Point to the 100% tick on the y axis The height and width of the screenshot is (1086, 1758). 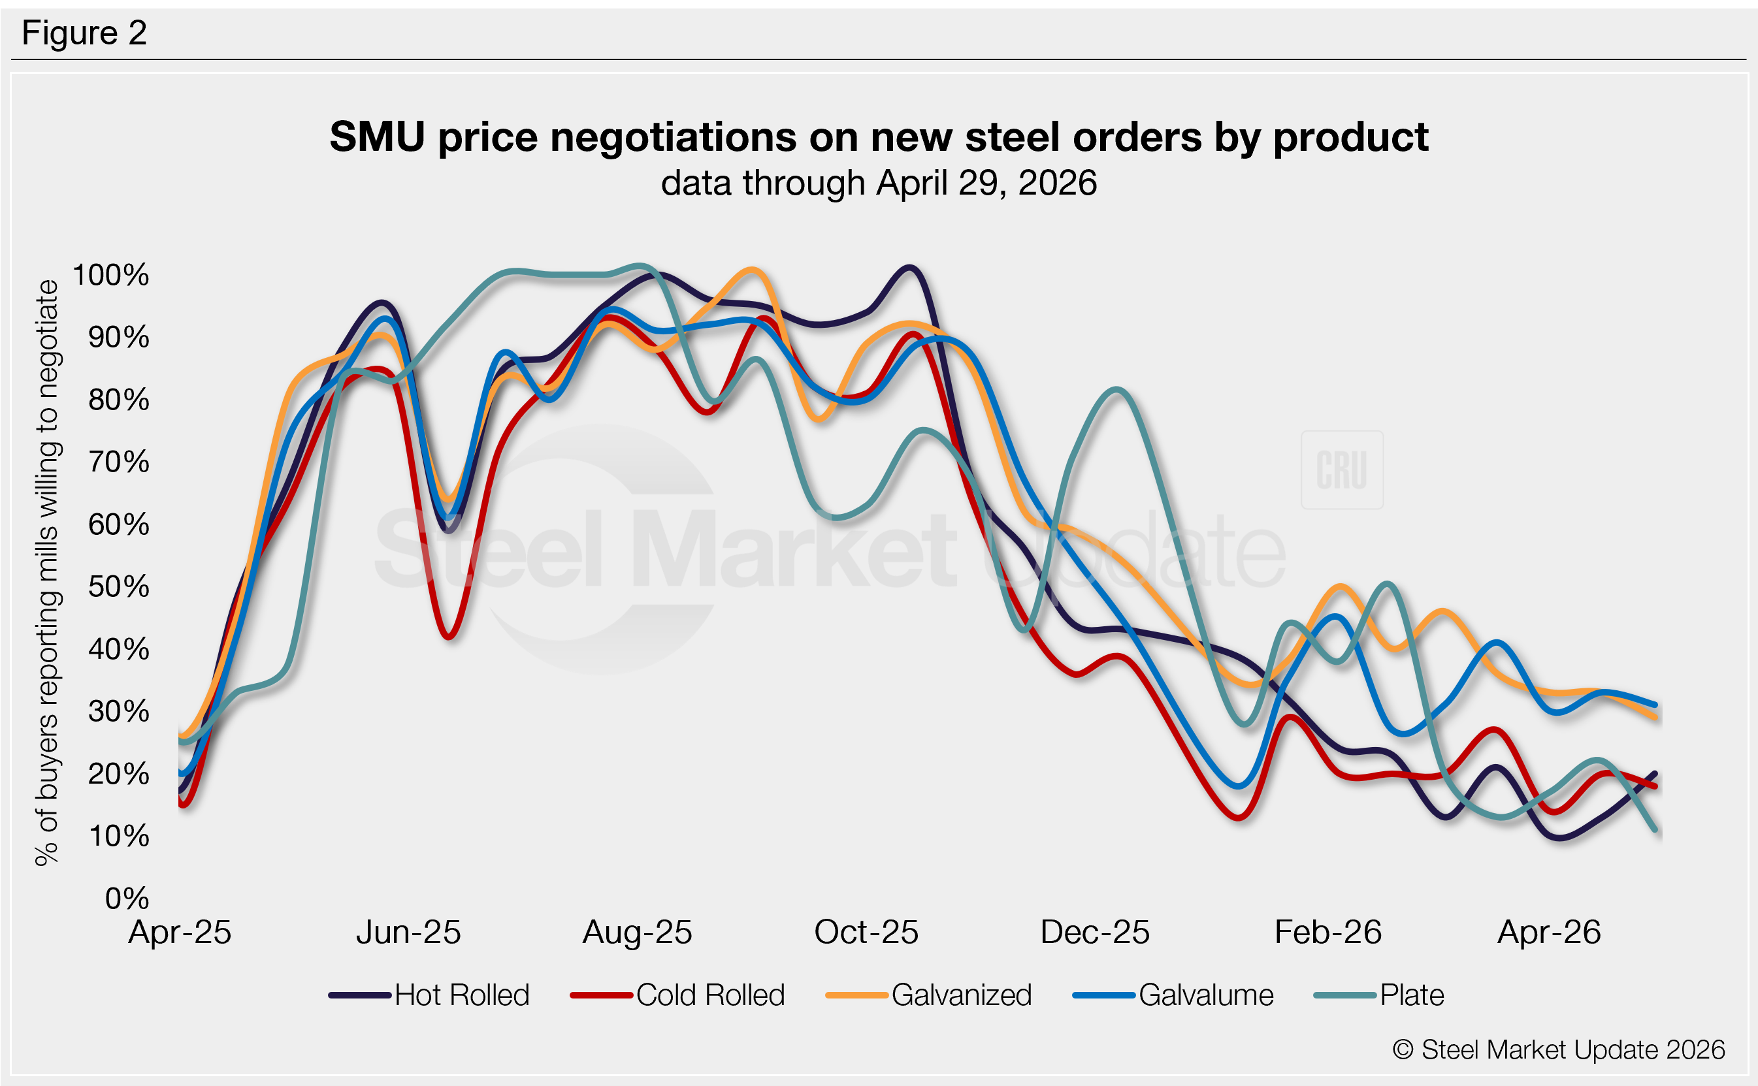tap(111, 275)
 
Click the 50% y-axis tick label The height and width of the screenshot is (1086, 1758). tap(118, 587)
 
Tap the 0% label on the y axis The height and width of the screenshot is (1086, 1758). tap(127, 899)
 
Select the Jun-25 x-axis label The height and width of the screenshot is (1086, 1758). tap(408, 933)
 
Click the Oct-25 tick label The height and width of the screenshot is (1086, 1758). tap(866, 933)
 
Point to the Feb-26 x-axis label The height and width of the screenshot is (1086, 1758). tap(1327, 933)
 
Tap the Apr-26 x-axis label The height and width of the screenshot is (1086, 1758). tap(1549, 933)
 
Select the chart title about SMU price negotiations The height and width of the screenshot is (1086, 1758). tap(879, 136)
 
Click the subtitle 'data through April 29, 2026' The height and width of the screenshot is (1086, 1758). tap(879, 182)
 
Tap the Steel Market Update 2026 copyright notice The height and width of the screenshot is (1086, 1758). tap(1558, 1049)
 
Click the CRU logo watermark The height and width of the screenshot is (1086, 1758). tap(1341, 470)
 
